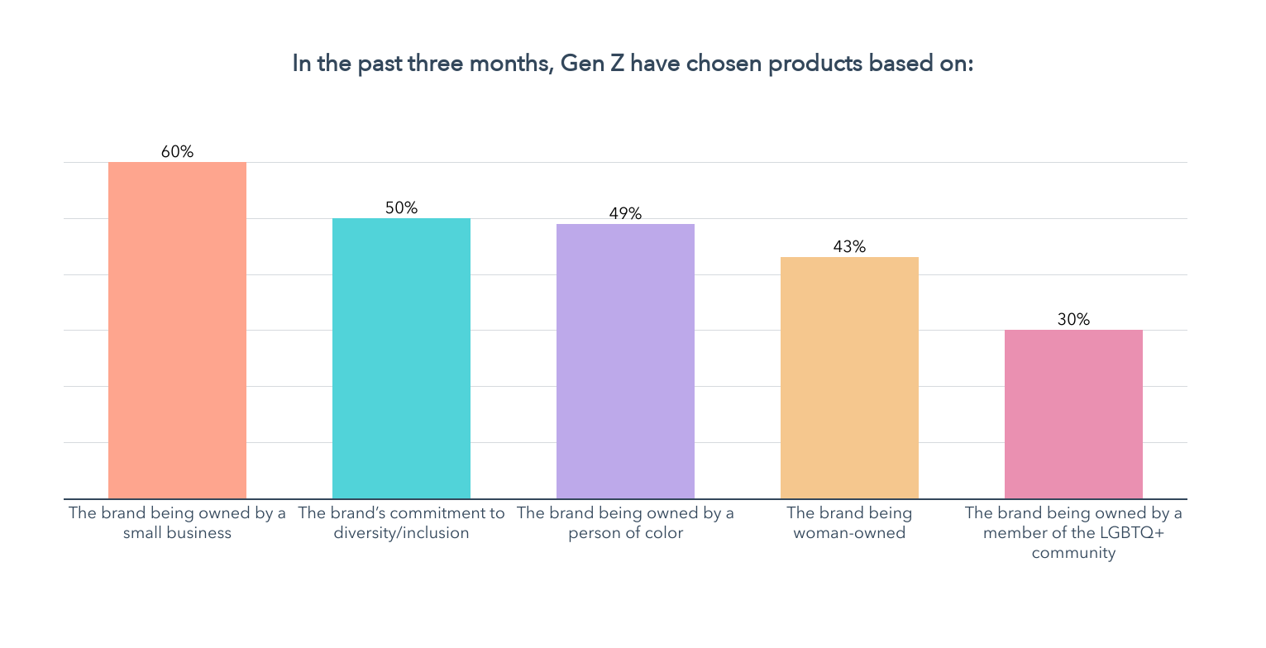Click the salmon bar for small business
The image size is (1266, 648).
[x=177, y=331]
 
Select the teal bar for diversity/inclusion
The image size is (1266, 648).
[x=401, y=359]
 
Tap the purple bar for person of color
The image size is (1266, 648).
[x=625, y=361]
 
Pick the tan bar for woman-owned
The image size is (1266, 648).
[x=849, y=378]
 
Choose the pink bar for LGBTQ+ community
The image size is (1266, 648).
[x=1073, y=414]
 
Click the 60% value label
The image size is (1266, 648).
[x=177, y=152]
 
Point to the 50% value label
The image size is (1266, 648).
[x=401, y=208]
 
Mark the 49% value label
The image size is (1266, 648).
[x=625, y=214]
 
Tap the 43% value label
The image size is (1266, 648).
[x=849, y=247]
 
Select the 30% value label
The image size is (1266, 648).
[x=1073, y=319]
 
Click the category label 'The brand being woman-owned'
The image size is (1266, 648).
[x=849, y=523]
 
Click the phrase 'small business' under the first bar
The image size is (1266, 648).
[x=177, y=533]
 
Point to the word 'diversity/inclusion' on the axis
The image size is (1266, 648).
[x=401, y=533]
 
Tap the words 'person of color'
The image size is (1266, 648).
[x=625, y=533]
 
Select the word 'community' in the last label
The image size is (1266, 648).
[x=1073, y=553]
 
